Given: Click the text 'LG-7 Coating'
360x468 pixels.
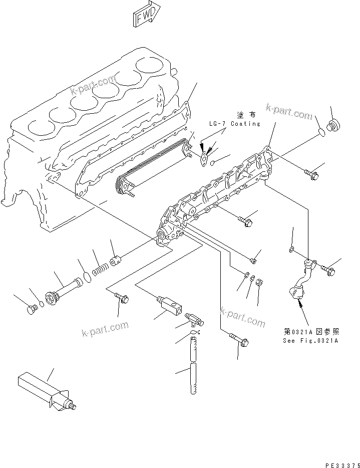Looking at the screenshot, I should pos(235,123).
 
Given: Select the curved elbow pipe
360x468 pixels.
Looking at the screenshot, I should pos(303,278).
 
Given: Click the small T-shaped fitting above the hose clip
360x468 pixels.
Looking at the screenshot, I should pos(194,318).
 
